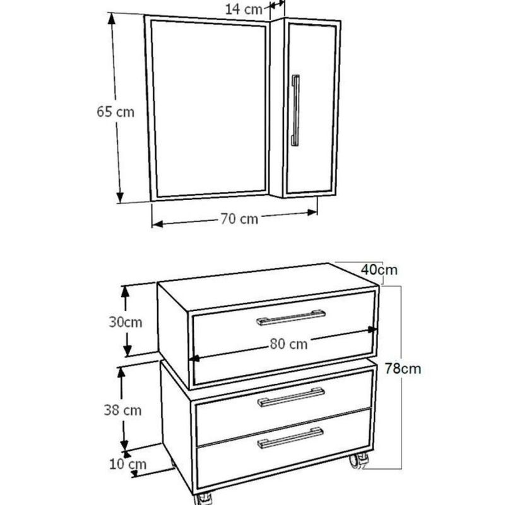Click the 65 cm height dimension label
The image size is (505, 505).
(116, 112)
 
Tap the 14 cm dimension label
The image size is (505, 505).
(244, 9)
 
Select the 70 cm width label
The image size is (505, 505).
(239, 218)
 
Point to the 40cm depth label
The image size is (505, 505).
(379, 270)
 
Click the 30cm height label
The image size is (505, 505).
(126, 322)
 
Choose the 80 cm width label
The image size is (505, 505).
(288, 343)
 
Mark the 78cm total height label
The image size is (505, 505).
(403, 369)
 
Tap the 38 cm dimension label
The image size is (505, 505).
(122, 410)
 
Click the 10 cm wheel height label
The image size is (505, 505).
(128, 464)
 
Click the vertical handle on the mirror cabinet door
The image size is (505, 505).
(295, 110)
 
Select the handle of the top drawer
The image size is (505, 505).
(291, 318)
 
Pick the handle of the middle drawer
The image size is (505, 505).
(291, 397)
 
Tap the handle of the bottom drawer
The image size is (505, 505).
(290, 438)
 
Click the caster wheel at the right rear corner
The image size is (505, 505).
(359, 461)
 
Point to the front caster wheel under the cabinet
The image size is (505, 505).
(203, 499)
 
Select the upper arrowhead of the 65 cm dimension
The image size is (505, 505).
(112, 20)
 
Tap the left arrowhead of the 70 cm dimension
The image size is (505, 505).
(157, 224)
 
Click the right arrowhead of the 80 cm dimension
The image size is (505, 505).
(372, 330)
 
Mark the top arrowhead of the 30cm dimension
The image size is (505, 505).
(125, 292)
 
